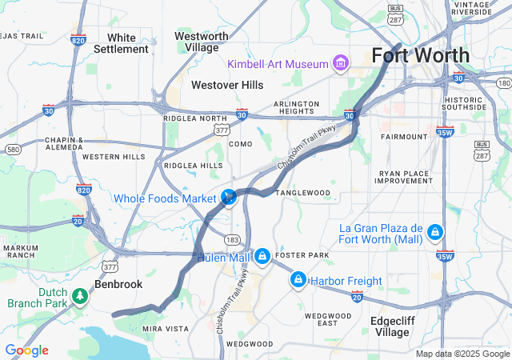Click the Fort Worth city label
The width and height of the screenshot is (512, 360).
pos(420,55)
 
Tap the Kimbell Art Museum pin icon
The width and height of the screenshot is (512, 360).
pos(341,63)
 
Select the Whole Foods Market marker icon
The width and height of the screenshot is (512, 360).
pos(229,196)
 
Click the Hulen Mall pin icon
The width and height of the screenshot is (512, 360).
pos(262,256)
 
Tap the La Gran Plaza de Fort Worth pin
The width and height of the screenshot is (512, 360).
pos(434,232)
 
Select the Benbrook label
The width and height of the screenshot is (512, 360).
pos(118,284)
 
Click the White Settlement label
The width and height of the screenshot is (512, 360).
pos(122,43)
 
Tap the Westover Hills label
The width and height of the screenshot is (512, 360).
pos(227,84)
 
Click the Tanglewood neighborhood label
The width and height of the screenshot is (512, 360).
pos(303,193)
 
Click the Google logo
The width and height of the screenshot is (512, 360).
pos(26,350)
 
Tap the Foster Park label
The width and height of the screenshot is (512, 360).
pos(302,256)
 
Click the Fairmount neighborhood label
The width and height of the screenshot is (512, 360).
pos(404,137)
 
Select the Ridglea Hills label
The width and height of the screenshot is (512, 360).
pos(193,166)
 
